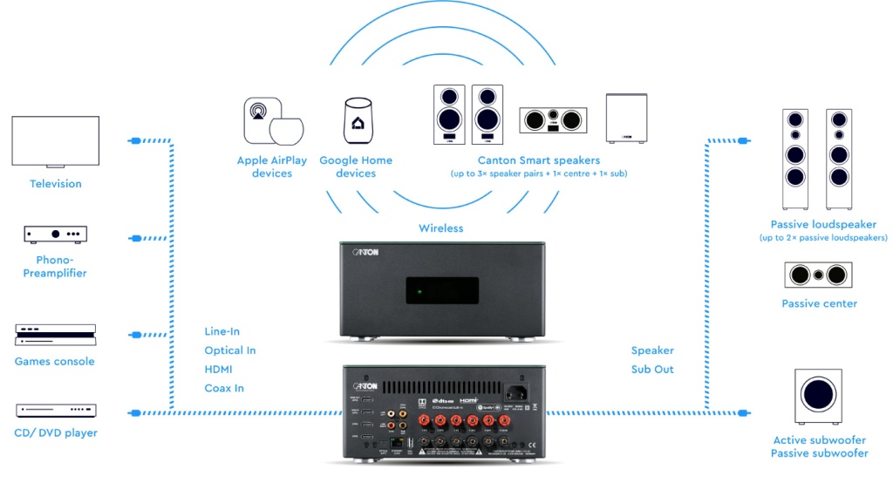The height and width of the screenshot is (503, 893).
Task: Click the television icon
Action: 55,141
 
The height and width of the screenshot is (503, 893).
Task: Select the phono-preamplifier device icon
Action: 56,234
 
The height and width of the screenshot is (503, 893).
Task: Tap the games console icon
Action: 55,335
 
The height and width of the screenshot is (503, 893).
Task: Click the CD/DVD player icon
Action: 56,410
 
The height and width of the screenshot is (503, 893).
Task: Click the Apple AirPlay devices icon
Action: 272,121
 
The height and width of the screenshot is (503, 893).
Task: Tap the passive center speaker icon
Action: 819,275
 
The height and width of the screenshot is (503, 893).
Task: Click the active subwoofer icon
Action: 819,397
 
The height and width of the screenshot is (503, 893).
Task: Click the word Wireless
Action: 441,228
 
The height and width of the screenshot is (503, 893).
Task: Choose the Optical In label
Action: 230,350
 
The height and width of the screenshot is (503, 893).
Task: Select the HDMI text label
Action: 218,370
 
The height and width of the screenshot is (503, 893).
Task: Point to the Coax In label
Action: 224,389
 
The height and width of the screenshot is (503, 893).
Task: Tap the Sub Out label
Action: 652,370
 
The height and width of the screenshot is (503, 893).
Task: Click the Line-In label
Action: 222,331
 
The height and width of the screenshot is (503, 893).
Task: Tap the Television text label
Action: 56,184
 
